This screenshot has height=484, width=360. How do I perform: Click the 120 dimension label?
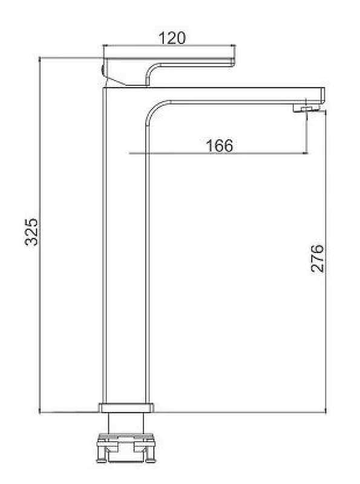(172, 38)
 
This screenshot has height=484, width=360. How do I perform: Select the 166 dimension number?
(219, 145)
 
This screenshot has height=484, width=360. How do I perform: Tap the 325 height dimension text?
(31, 232)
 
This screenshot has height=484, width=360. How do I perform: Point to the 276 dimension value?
(317, 258)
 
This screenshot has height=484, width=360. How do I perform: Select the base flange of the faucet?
(126, 407)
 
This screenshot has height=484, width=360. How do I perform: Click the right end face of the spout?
(323, 96)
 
